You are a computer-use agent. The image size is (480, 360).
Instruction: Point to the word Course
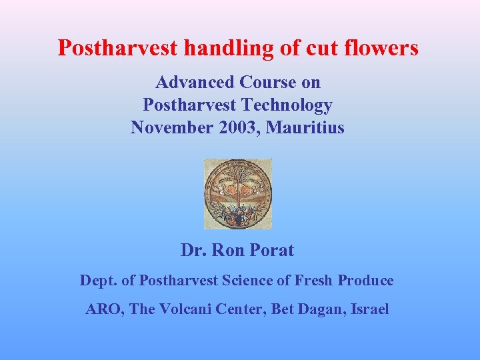point(268,83)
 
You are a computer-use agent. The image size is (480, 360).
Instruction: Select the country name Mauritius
point(305,127)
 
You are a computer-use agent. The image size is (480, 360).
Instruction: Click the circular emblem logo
point(238,193)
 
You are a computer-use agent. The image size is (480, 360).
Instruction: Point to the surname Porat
point(270,251)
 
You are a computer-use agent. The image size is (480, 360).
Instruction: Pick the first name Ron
point(229,251)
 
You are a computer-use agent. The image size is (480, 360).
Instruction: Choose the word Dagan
point(319,310)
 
